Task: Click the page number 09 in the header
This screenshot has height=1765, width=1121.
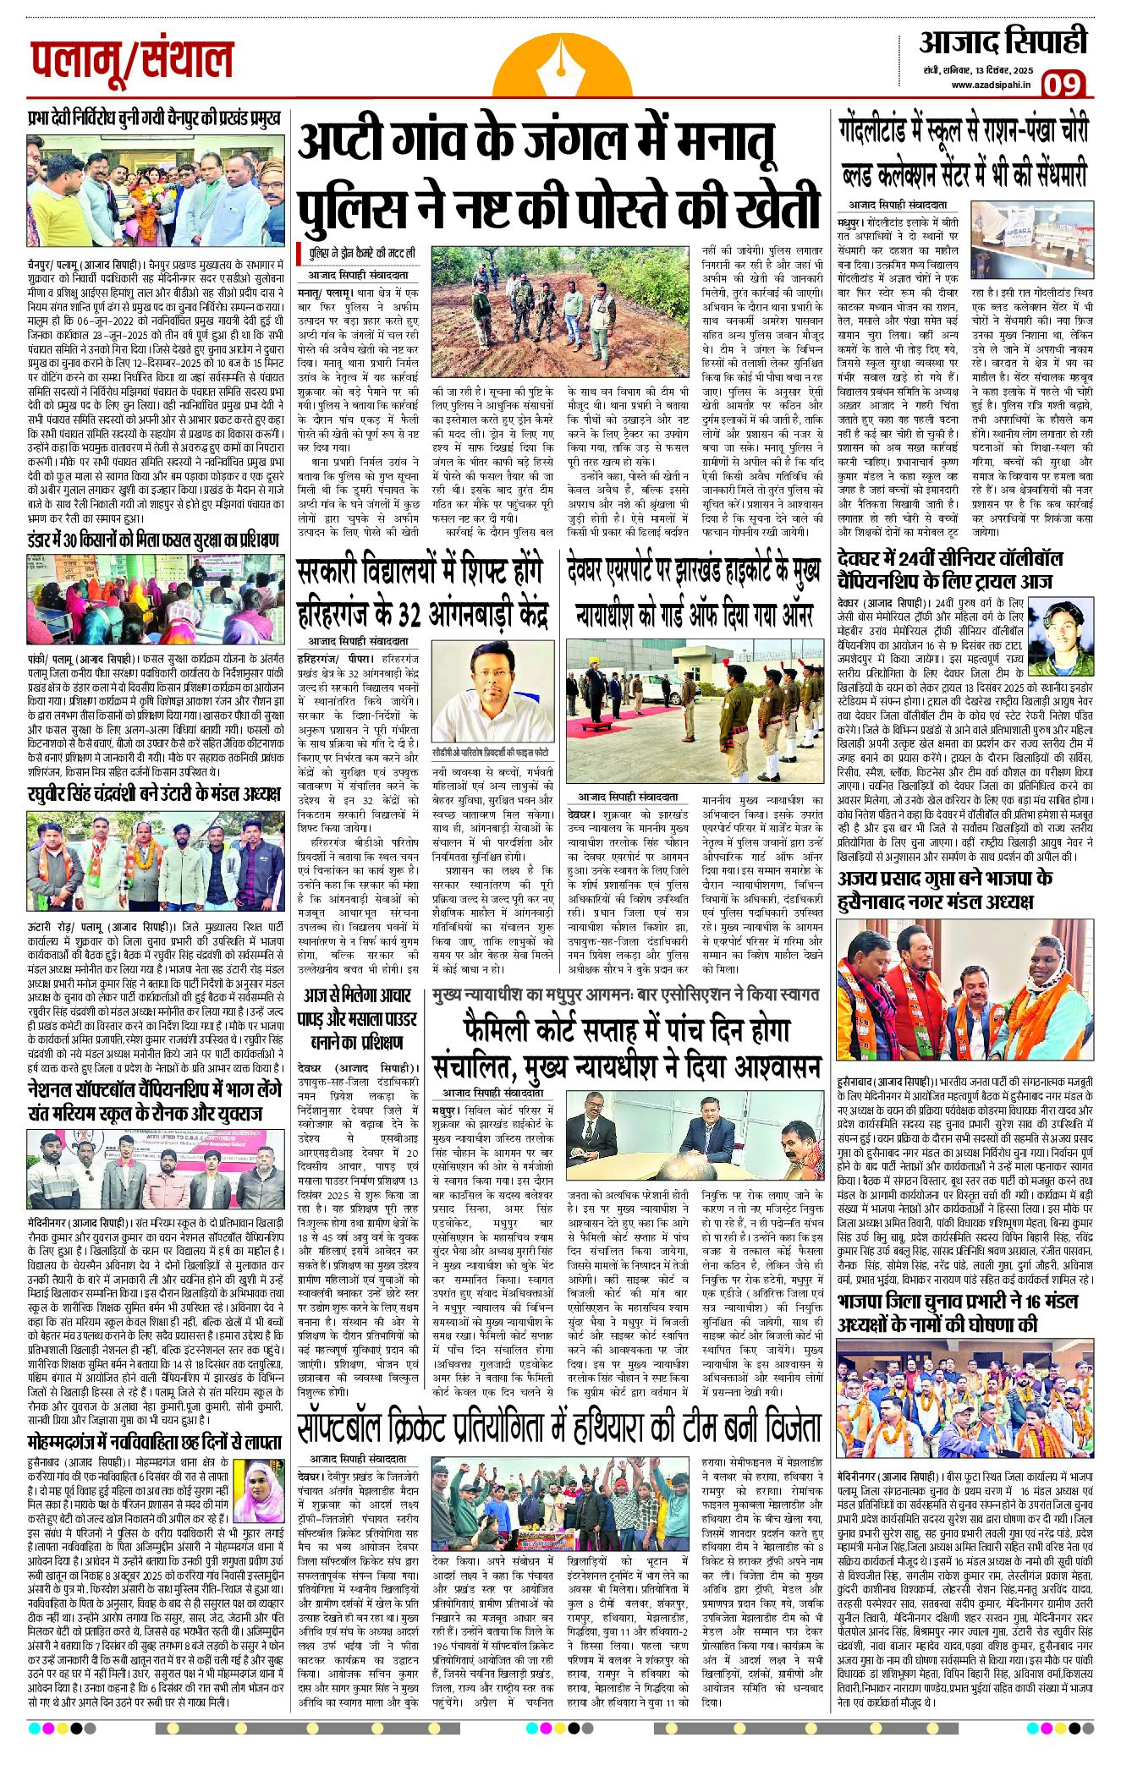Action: (1062, 85)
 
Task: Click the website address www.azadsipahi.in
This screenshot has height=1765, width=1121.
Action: (991, 85)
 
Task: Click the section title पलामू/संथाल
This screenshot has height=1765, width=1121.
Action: (131, 59)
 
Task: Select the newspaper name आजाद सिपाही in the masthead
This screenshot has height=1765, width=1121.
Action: (1003, 41)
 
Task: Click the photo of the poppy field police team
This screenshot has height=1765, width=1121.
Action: (562, 299)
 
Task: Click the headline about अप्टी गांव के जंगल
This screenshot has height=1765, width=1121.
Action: (558, 174)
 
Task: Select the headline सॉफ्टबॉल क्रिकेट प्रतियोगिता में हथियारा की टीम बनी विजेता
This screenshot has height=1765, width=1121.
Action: (558, 1428)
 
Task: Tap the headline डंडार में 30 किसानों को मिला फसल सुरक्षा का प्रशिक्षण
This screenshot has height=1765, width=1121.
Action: (153, 540)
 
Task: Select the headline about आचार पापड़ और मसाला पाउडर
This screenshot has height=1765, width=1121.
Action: (359, 1019)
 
